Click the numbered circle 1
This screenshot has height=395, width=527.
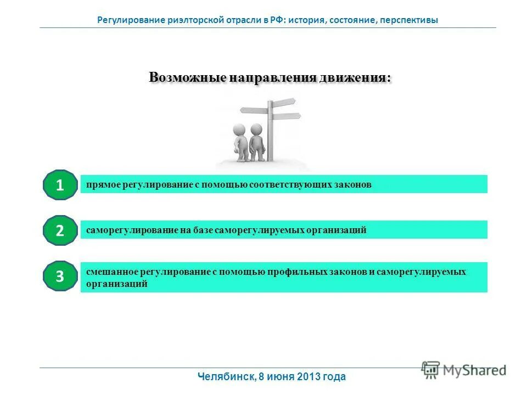pos(60,185)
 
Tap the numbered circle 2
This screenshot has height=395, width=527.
pos(60,230)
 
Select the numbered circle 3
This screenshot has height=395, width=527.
pos(60,276)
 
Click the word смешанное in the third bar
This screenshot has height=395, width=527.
pos(111,272)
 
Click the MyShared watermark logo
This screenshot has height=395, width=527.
pos(464,369)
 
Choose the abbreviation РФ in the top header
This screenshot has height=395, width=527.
pos(276,20)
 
